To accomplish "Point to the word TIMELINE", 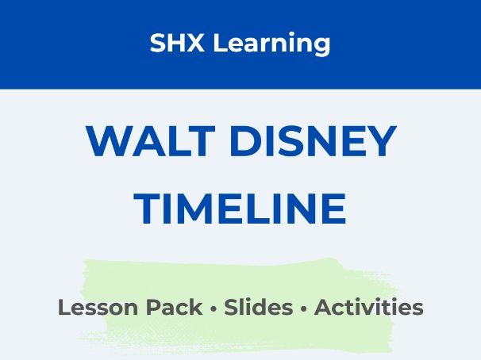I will [240, 209].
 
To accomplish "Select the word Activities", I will [369, 308].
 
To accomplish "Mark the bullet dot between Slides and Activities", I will [304, 308].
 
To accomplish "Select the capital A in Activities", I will [324, 308].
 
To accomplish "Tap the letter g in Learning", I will [321, 46].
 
